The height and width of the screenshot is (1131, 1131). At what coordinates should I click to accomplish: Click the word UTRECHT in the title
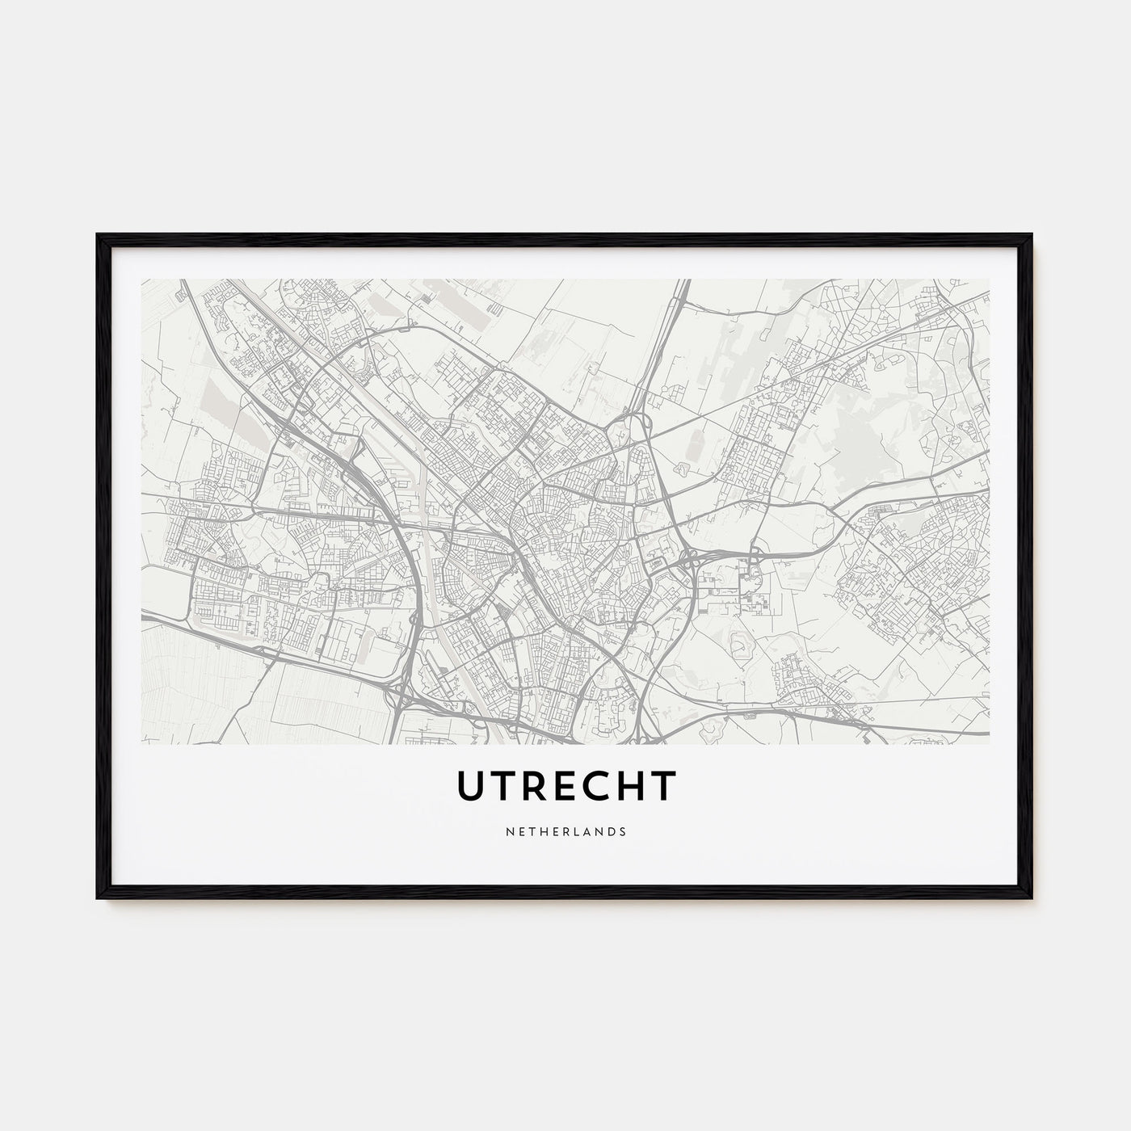(565, 786)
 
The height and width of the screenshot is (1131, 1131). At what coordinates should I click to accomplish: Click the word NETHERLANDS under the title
(565, 830)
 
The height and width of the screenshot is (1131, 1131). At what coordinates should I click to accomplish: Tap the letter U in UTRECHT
(472, 786)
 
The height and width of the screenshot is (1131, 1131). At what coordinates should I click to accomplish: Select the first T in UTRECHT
(504, 786)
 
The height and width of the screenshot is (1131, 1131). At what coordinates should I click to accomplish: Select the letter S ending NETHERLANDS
(622, 830)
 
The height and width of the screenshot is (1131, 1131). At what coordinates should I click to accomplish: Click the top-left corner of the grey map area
(142, 280)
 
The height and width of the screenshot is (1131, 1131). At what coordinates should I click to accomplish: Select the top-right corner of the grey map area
(989, 280)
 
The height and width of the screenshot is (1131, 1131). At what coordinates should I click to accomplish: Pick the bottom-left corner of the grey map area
(142, 743)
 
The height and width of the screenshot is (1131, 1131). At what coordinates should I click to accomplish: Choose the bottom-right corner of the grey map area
(989, 743)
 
